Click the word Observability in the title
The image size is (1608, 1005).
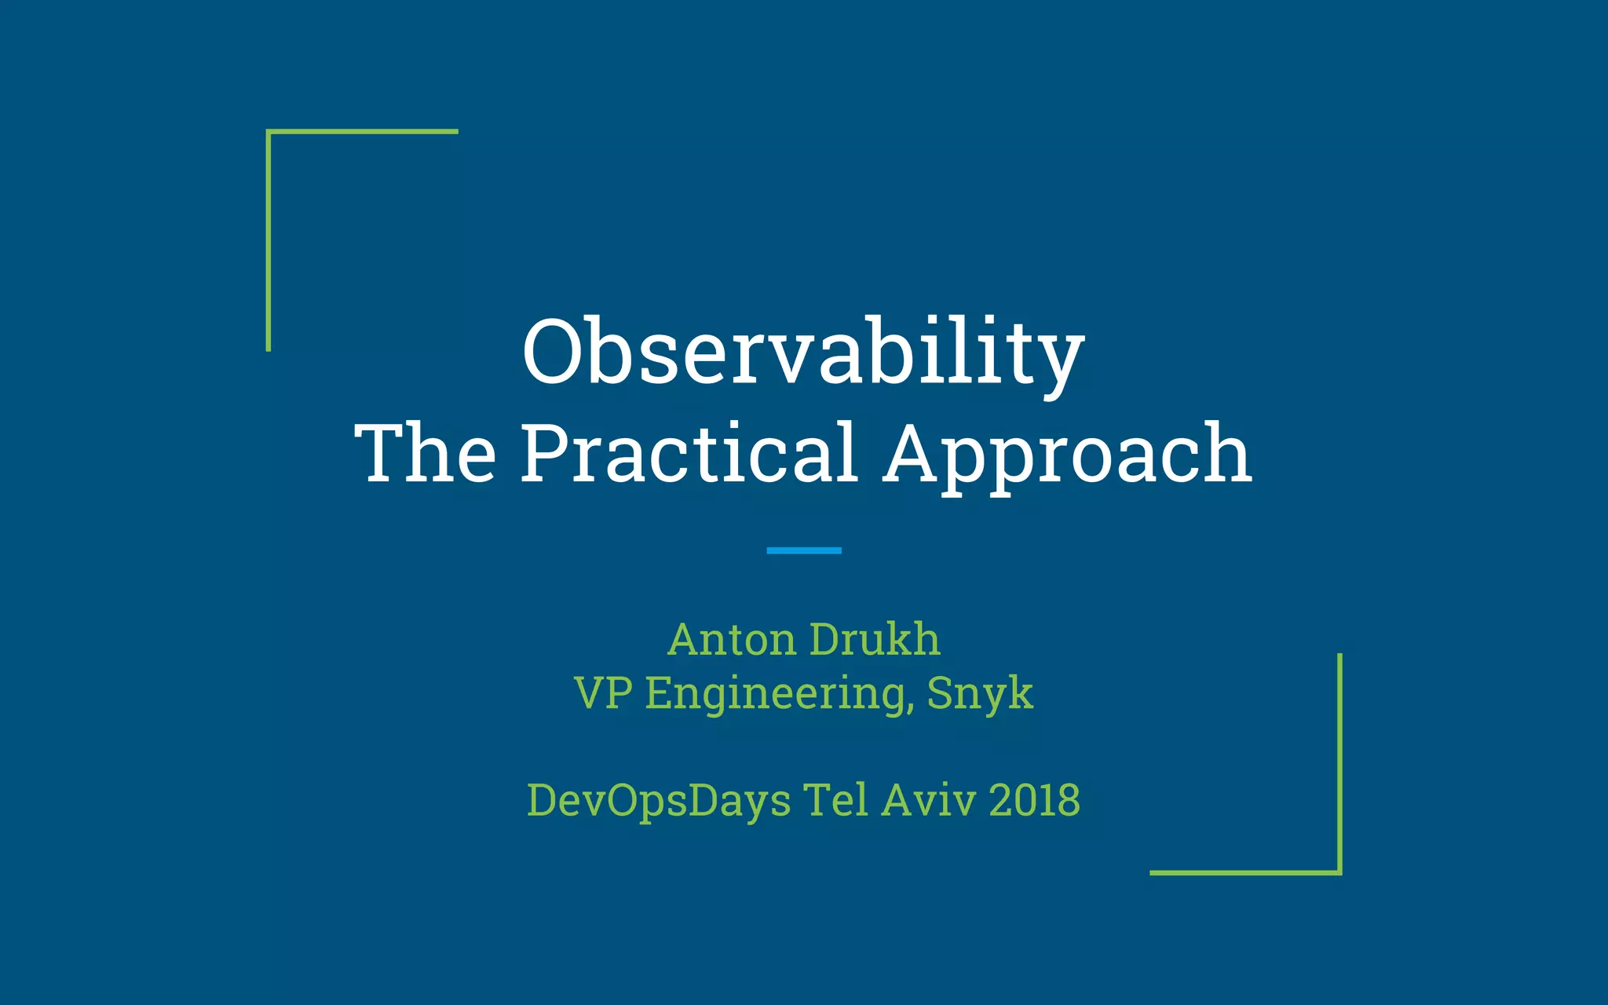coord(803,353)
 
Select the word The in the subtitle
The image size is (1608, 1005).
coord(425,453)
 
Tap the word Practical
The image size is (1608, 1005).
coord(689,453)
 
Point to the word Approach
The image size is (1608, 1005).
coord(1067,455)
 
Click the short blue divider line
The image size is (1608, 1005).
coord(803,550)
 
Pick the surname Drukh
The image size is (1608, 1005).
coord(874,639)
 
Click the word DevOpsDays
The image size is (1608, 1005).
coord(659,801)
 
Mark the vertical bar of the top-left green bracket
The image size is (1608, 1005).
coord(269,243)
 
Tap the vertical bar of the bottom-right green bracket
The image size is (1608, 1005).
coord(1339,762)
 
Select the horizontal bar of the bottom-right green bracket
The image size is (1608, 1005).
coord(1245,872)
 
